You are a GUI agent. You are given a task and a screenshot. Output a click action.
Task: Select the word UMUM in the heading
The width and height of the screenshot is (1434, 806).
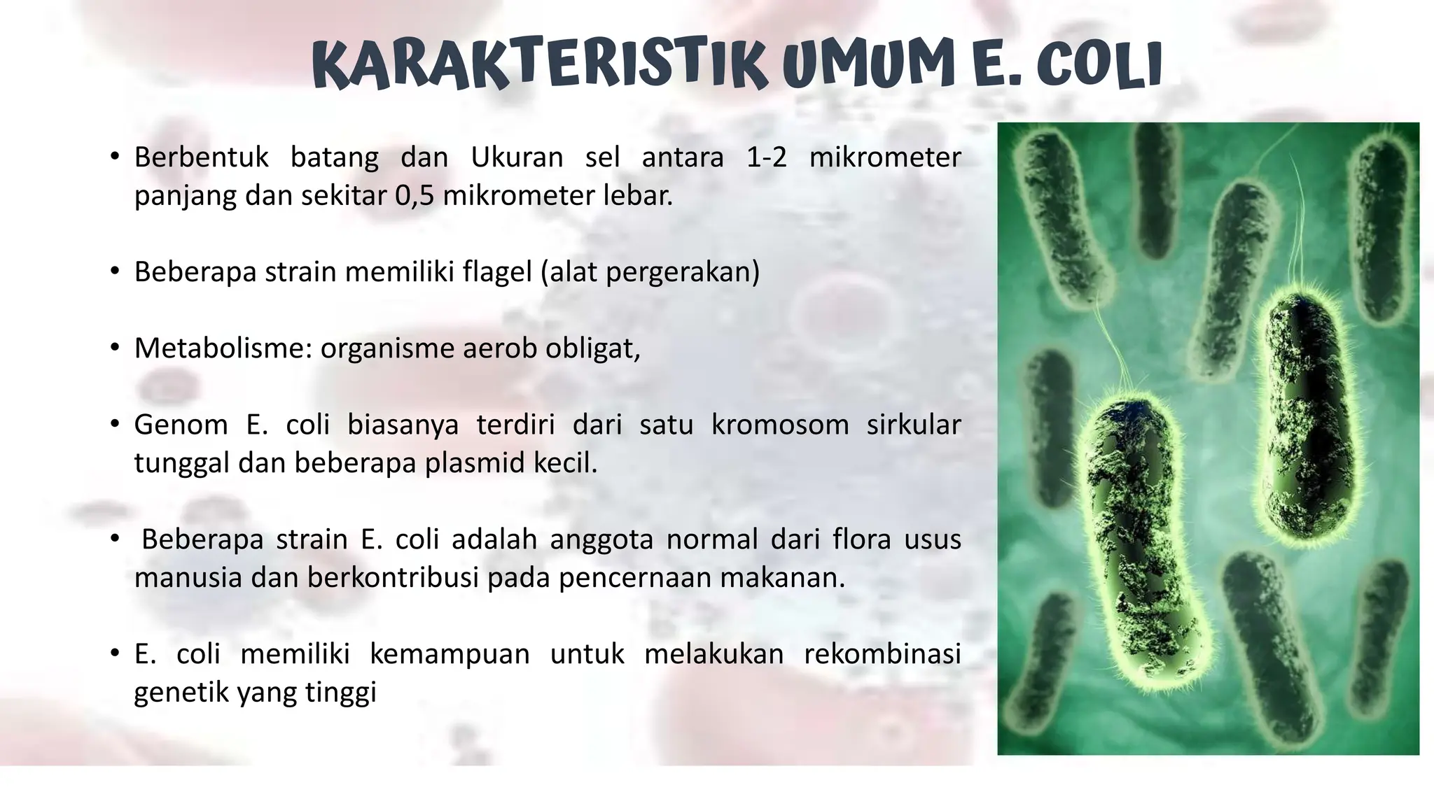click(868, 66)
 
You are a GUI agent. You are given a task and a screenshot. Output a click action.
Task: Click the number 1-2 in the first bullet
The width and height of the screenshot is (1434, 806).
click(766, 157)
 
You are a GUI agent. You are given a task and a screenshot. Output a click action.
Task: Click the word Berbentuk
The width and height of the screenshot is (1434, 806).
click(201, 157)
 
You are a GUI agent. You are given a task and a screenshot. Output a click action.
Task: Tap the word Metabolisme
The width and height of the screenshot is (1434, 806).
click(223, 348)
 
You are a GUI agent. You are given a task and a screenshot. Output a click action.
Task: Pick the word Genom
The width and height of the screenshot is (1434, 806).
click(181, 425)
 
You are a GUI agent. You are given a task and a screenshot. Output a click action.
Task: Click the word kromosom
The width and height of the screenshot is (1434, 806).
click(780, 425)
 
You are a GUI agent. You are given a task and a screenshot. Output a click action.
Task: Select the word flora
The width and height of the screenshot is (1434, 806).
click(862, 539)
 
